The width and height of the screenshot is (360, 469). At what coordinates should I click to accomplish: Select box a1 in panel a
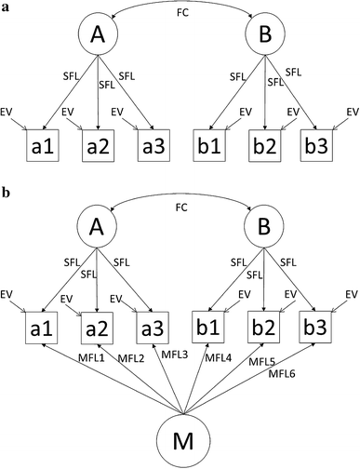click(46, 146)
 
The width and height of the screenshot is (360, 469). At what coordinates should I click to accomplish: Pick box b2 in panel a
click(265, 146)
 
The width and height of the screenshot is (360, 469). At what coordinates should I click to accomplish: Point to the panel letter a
click(7, 7)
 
